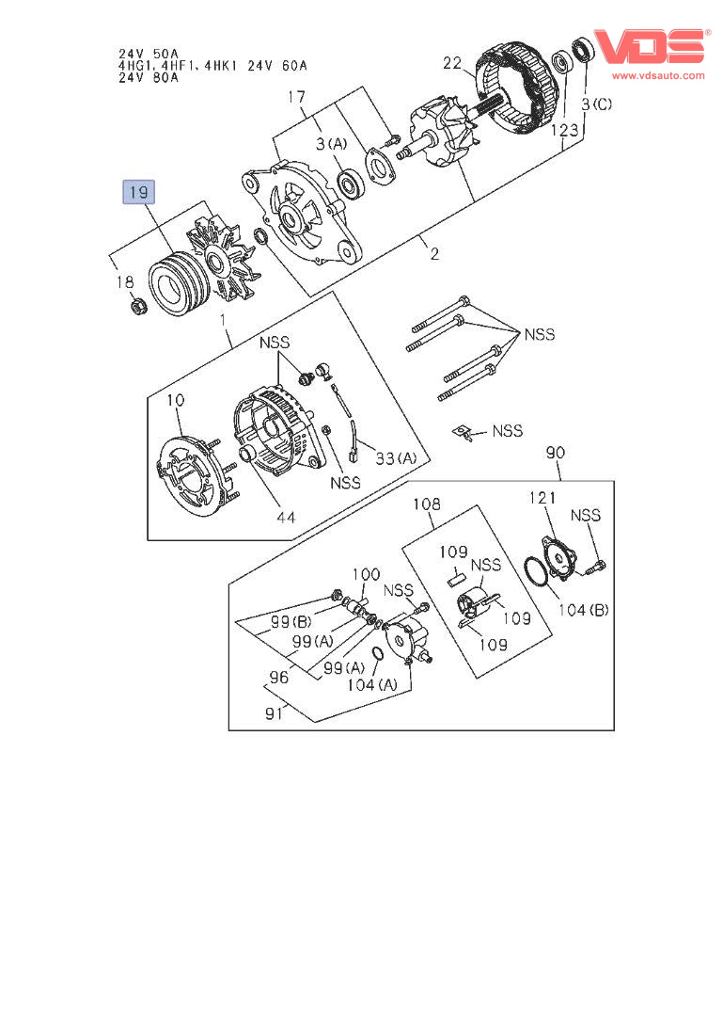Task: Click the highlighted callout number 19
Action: [139, 192]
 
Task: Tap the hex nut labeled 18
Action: [137, 305]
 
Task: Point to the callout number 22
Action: [452, 63]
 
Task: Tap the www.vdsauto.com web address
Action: [658, 75]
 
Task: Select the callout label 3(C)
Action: [597, 104]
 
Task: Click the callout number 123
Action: [564, 130]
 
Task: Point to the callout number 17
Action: [296, 97]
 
